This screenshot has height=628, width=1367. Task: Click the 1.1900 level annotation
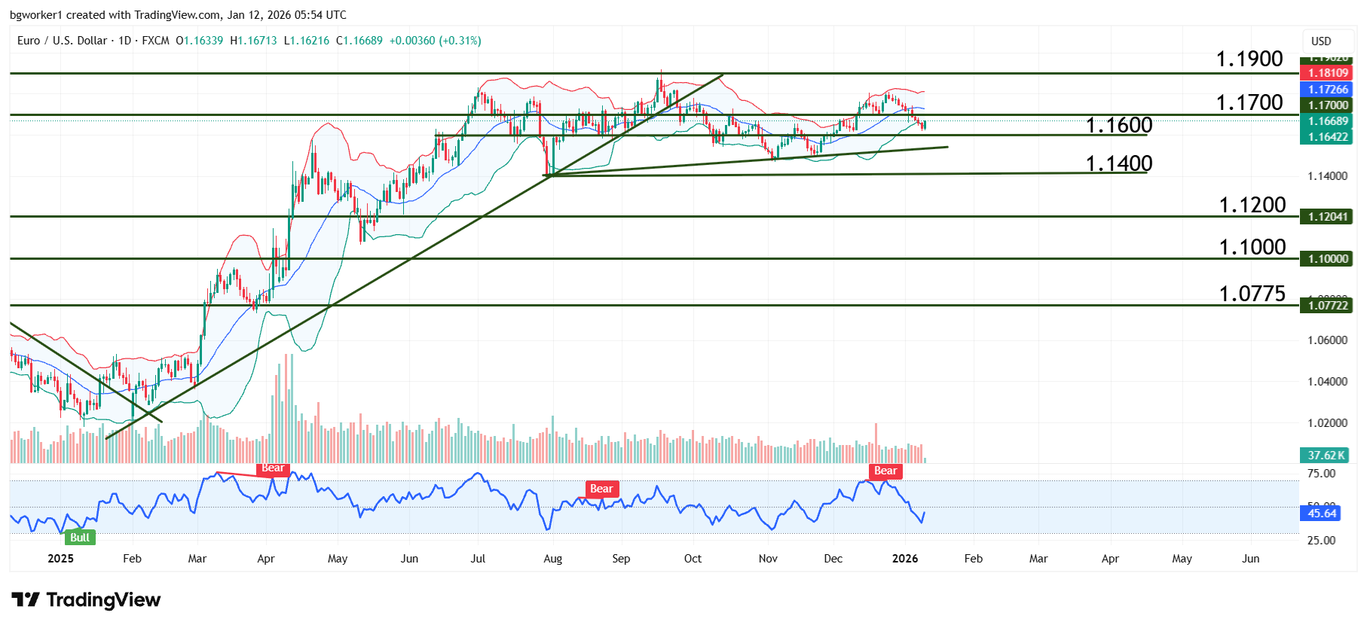coord(1249,59)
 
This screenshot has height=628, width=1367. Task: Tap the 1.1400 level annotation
coord(1118,163)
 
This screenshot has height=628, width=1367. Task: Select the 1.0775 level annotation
coord(1252,294)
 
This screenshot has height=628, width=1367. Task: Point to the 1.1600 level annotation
coord(1118,125)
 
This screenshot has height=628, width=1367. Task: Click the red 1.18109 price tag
coord(1327,73)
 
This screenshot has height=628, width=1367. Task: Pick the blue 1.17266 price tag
coord(1327,90)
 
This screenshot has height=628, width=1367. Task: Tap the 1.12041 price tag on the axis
coord(1327,217)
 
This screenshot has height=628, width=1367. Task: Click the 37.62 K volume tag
coord(1326,455)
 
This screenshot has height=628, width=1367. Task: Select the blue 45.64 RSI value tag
coord(1321,514)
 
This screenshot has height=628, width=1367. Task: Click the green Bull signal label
coord(79,537)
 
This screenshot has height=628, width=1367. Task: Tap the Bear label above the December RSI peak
coord(885,471)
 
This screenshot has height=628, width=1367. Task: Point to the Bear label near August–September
coord(601,489)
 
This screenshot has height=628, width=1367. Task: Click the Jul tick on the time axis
coord(478,559)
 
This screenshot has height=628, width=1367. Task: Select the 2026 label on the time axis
coord(905,559)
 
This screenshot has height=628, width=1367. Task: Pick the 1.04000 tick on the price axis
coord(1327,382)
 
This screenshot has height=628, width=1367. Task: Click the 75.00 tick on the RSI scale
coord(1321,474)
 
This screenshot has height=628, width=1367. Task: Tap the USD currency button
coord(1321,41)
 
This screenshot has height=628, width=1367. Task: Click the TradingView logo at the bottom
coord(86,600)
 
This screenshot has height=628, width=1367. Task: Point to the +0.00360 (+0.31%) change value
coord(435,41)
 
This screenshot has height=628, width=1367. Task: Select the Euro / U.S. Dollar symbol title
coord(62,41)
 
